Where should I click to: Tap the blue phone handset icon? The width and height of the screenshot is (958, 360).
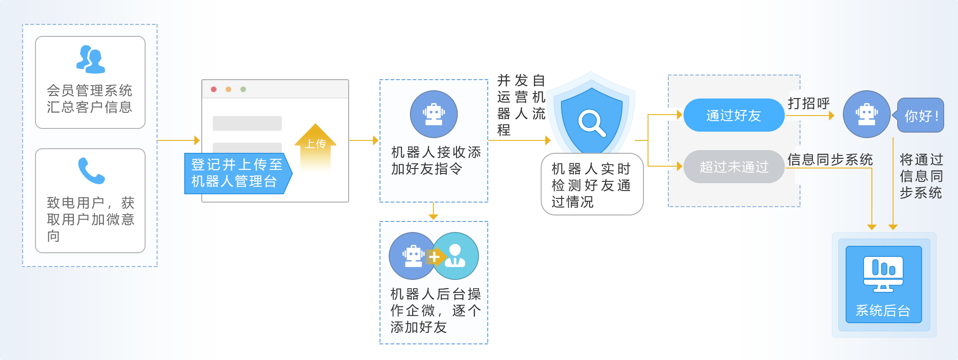(x=91, y=171)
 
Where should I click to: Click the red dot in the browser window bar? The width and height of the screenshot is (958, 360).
(x=214, y=89)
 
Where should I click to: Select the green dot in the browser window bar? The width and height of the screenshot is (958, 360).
(x=243, y=89)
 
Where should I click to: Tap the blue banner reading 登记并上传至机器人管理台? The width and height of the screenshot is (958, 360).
(x=237, y=173)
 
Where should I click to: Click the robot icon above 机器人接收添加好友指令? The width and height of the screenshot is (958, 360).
(x=434, y=114)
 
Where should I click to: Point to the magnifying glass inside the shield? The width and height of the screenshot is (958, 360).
(x=591, y=123)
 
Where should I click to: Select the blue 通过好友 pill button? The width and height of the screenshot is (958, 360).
(x=733, y=115)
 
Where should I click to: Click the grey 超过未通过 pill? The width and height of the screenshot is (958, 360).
(x=734, y=167)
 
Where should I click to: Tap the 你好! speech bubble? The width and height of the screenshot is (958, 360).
(x=921, y=116)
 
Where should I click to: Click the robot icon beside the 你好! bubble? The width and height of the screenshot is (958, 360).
(x=866, y=114)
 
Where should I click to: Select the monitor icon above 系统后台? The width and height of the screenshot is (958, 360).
(x=883, y=274)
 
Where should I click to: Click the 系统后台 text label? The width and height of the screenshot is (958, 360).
(x=883, y=311)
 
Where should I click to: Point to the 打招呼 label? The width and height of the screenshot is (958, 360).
(x=809, y=104)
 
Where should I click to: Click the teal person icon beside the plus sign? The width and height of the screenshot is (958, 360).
(x=456, y=256)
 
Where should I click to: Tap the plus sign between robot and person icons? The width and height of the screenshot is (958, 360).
(x=434, y=257)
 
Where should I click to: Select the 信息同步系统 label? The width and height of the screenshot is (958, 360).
(x=830, y=160)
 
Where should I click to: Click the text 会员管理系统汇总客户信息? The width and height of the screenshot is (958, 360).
(x=90, y=99)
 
